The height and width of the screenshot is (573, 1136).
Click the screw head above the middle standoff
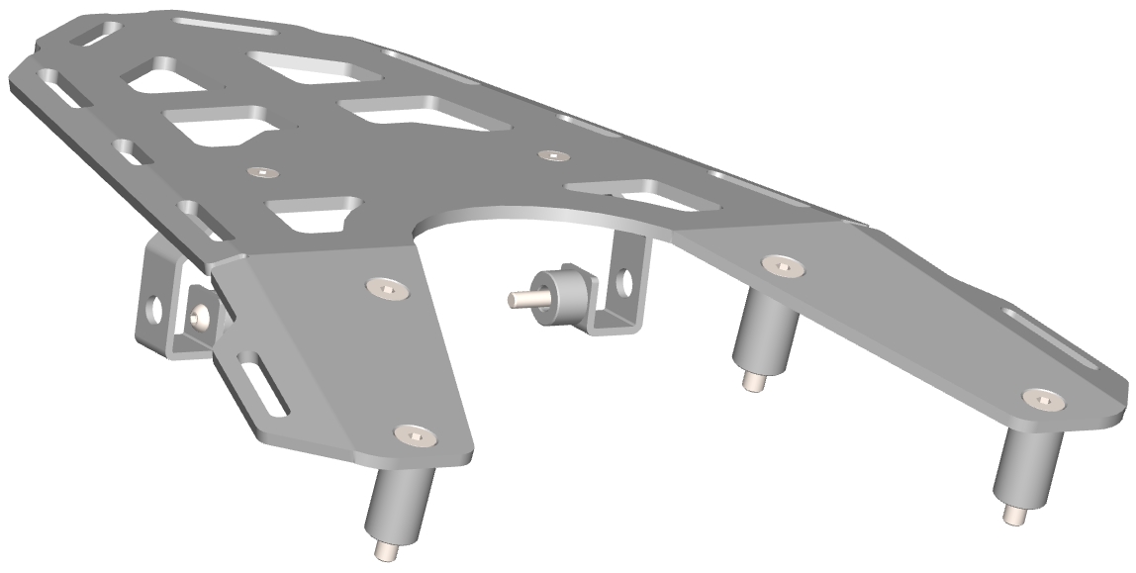[x=780, y=264]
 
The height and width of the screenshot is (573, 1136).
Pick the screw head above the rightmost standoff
[x=1042, y=398]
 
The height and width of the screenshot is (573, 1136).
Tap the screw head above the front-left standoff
[x=415, y=433]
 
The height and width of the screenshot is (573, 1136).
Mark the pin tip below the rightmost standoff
[x=1013, y=516]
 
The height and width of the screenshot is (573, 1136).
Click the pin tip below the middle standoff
[x=752, y=381]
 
